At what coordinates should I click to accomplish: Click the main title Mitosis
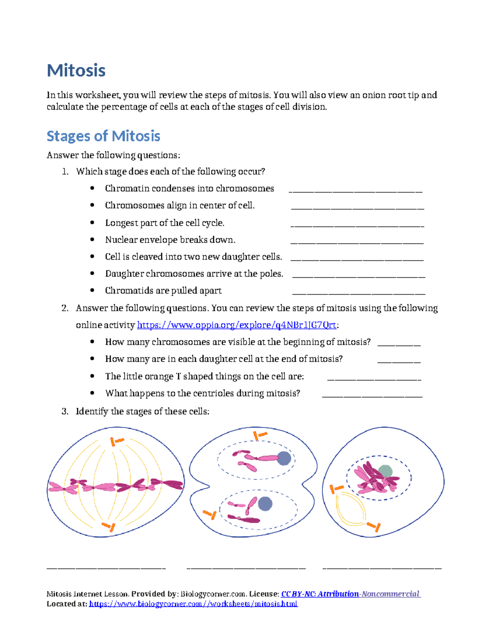point(76,70)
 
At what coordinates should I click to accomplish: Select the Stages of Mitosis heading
point(103,136)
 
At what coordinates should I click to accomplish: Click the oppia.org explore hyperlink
point(236,325)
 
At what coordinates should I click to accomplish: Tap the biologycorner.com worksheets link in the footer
point(193,604)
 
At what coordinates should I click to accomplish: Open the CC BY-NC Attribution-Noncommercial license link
point(351,594)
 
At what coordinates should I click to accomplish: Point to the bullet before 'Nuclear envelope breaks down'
point(92,240)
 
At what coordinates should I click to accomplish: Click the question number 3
point(64,411)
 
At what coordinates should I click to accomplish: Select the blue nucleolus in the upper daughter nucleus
point(284,458)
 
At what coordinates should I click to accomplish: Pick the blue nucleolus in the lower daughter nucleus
point(265,504)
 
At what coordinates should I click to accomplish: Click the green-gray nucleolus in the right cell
point(385,471)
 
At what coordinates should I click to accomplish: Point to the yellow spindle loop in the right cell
point(351,509)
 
